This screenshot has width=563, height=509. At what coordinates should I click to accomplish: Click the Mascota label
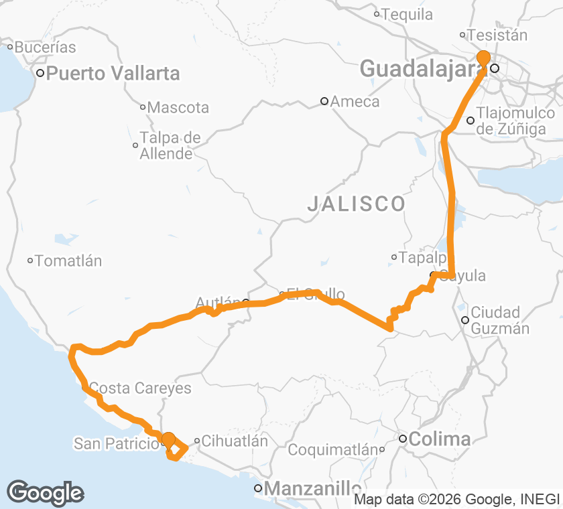click(x=178, y=107)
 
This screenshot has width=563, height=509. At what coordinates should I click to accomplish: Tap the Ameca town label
click(x=355, y=102)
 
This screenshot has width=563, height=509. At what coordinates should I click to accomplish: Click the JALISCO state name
click(x=356, y=204)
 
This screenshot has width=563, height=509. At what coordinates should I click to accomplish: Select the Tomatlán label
click(x=68, y=261)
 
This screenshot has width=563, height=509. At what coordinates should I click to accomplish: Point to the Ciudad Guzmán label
click(x=500, y=320)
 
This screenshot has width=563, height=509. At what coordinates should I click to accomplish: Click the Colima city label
click(x=440, y=439)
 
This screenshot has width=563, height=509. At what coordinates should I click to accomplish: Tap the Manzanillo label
click(x=312, y=489)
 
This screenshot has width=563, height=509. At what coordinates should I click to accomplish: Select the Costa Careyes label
click(x=140, y=388)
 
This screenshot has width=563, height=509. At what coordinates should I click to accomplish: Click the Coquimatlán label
click(x=333, y=450)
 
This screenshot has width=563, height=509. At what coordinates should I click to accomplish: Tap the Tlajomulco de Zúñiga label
click(x=515, y=121)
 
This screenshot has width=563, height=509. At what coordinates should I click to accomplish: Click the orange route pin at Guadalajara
click(x=483, y=58)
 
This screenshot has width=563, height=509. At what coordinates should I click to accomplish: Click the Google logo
click(x=46, y=493)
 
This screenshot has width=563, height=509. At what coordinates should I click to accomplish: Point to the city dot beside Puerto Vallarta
click(x=40, y=73)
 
